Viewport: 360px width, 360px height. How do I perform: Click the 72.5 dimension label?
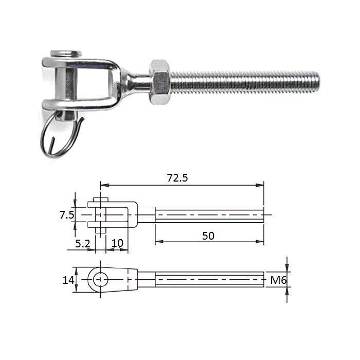pyautogui.click(x=177, y=178)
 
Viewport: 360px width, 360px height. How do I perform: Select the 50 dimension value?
pyautogui.click(x=208, y=236)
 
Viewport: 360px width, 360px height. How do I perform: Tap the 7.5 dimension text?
pyautogui.click(x=67, y=215)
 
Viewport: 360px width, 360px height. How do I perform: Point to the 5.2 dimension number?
pyautogui.click(x=83, y=244)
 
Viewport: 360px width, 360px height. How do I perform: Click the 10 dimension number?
pyautogui.click(x=117, y=243)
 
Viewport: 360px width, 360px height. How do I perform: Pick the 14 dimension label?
pyautogui.click(x=68, y=280)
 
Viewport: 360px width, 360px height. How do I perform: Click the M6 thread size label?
pyautogui.click(x=279, y=280)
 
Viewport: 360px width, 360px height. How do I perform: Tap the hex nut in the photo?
pyautogui.click(x=160, y=82)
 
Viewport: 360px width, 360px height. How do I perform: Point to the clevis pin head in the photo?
pyautogui.click(x=66, y=54)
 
